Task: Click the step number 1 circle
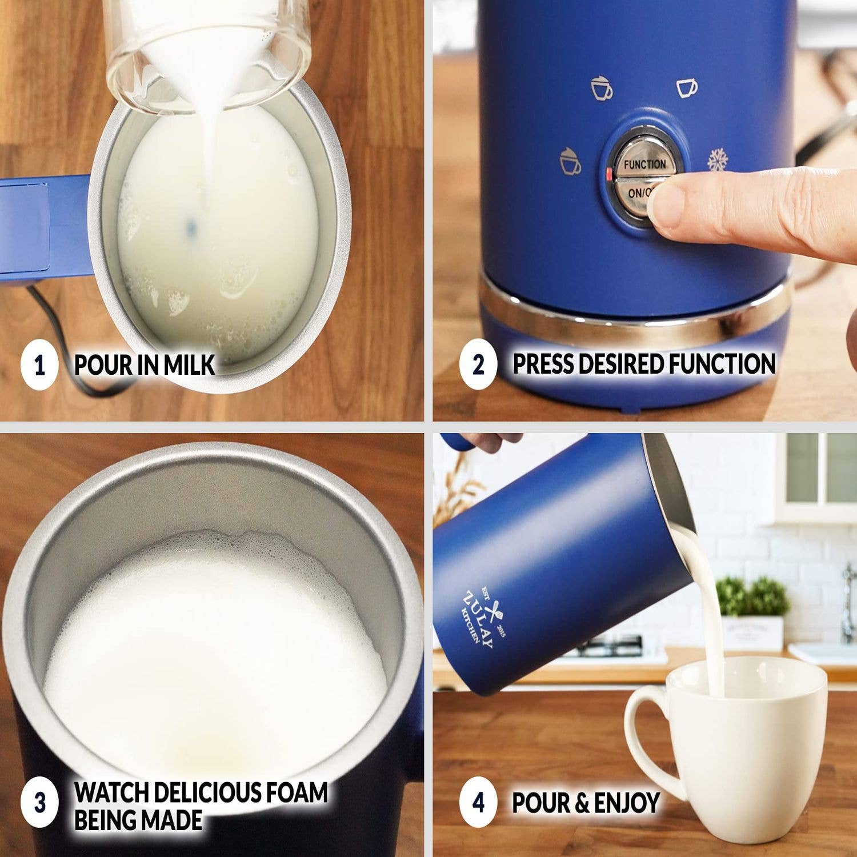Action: click(x=39, y=365)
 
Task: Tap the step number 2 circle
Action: click(x=478, y=365)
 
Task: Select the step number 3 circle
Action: click(x=39, y=802)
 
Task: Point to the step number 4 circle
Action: click(x=478, y=802)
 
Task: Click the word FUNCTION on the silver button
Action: click(x=644, y=165)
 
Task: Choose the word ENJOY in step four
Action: click(x=627, y=803)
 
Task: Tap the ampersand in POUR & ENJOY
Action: click(x=581, y=803)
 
